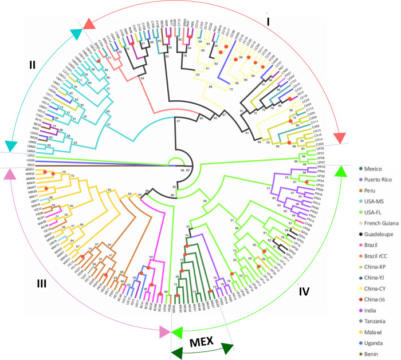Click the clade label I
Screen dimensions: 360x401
click(268, 21)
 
